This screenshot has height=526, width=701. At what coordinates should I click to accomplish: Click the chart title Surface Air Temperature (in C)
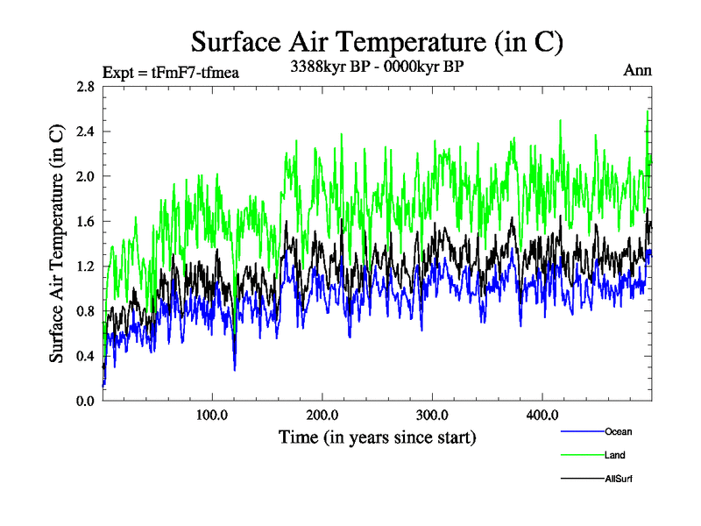coord(376,41)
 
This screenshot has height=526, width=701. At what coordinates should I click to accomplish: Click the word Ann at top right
coord(637,70)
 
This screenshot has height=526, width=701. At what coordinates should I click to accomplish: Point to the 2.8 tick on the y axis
coord(85,86)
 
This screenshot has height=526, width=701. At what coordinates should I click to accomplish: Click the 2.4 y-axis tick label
coord(85,131)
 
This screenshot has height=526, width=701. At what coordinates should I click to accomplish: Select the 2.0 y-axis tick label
coord(85,176)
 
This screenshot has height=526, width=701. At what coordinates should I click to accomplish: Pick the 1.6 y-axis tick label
coord(85,221)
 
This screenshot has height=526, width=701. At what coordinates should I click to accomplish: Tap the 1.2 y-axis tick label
coord(85,266)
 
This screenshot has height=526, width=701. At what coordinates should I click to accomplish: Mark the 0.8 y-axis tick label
coord(85,310)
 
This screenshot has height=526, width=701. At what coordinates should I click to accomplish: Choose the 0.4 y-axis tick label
coord(85,356)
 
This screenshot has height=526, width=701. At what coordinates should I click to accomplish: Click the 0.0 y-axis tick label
coord(85,401)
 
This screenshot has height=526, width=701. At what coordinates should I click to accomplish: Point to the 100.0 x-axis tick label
coord(212,415)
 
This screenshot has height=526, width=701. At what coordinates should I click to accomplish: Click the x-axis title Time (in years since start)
coord(377,437)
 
